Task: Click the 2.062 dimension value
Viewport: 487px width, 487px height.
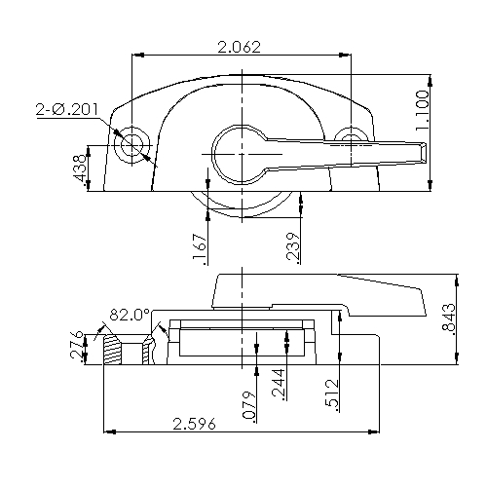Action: [x=239, y=46]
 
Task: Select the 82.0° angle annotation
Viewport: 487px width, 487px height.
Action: [x=129, y=315]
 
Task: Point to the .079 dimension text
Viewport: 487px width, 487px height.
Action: [x=248, y=402]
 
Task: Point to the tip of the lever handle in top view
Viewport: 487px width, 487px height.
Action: [x=421, y=151]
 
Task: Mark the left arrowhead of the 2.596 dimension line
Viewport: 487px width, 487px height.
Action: [x=108, y=431]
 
